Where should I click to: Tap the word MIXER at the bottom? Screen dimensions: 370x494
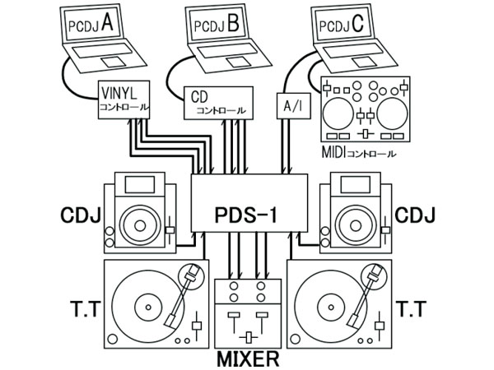(x=247, y=358)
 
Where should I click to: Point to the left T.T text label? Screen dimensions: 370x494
(x=80, y=309)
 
